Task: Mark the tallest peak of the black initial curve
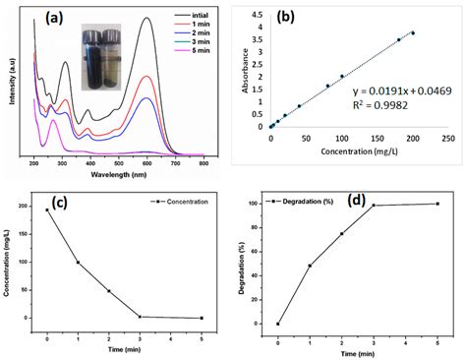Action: click(146, 18)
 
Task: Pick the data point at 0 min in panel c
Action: click(48, 210)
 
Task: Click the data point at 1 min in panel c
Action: click(78, 263)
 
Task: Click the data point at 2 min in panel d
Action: click(341, 233)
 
